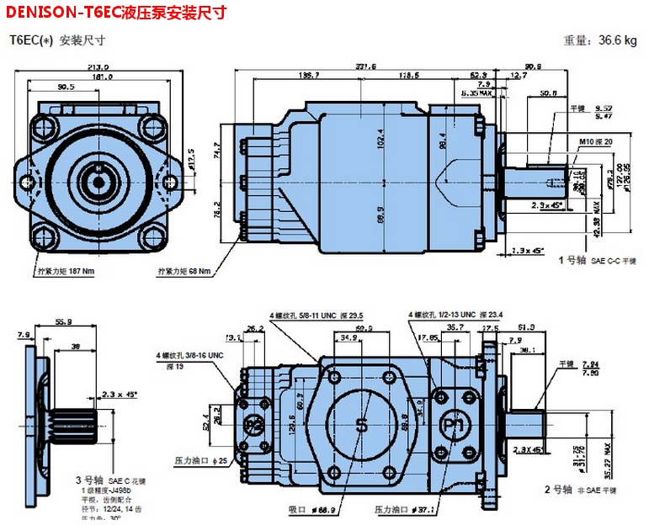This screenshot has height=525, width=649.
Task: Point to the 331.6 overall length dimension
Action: coord(365,66)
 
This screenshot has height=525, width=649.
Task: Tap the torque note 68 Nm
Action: coord(184,271)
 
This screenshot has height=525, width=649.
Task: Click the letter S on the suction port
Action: coord(362,426)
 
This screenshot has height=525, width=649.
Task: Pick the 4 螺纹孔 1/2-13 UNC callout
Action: coord(455,315)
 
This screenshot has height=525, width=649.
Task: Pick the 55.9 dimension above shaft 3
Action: coord(64,321)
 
